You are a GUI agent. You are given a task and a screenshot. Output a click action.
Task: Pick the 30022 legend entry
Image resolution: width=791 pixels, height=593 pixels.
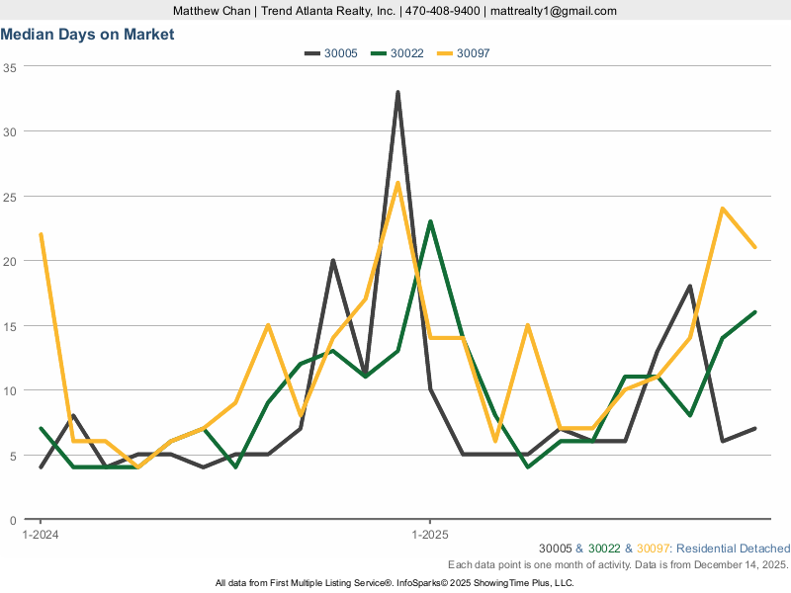click(x=396, y=53)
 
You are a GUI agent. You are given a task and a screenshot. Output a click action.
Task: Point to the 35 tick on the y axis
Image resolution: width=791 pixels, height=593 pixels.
click(x=10, y=67)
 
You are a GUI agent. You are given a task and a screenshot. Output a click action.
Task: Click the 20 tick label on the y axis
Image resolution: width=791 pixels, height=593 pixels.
click(x=10, y=261)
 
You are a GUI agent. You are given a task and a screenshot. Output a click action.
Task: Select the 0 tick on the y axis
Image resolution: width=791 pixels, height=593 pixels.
click(x=14, y=520)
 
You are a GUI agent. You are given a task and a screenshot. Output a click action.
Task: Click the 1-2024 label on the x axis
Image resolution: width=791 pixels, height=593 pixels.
click(x=41, y=535)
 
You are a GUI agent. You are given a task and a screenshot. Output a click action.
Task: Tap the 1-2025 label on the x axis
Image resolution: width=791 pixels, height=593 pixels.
click(x=429, y=535)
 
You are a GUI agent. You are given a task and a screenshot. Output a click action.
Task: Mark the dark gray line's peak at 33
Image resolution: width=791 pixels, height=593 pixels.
click(x=397, y=93)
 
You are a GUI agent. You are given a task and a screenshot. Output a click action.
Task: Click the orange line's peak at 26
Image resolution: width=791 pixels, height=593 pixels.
click(x=397, y=183)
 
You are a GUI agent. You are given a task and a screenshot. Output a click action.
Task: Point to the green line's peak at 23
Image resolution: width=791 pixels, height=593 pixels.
click(x=430, y=221)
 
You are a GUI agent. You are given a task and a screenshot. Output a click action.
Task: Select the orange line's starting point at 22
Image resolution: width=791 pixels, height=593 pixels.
click(x=41, y=235)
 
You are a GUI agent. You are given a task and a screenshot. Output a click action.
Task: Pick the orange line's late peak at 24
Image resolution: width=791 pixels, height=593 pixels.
click(x=723, y=209)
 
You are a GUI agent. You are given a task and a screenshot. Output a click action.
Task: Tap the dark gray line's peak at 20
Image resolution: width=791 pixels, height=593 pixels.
click(x=333, y=261)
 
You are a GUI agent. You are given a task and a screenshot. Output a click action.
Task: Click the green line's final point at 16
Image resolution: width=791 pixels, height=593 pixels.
click(x=755, y=312)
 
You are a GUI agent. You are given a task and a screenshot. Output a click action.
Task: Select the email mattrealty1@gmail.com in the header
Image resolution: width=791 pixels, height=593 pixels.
click(x=554, y=11)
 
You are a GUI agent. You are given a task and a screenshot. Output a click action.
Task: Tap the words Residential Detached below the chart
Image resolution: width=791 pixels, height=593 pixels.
click(x=734, y=549)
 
